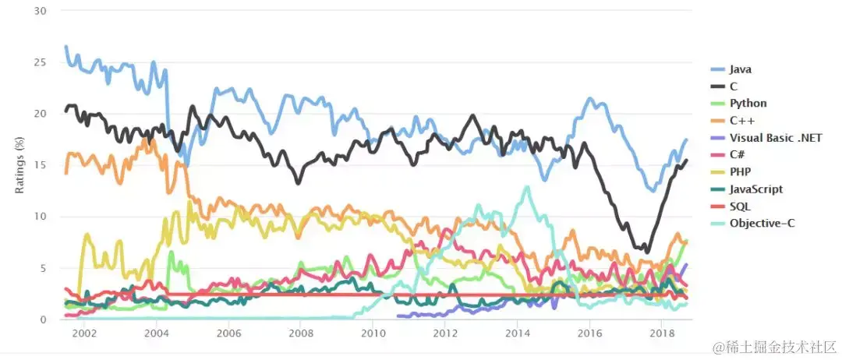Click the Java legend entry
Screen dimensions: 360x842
click(x=741, y=69)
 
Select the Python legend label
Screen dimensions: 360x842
click(x=748, y=103)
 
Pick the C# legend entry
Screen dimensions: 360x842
click(x=739, y=154)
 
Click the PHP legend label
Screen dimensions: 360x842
click(x=741, y=171)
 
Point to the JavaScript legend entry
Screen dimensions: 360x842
click(x=756, y=189)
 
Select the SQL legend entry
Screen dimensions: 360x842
click(x=740, y=206)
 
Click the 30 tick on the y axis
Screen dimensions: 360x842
click(x=41, y=11)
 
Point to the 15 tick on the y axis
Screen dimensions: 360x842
click(x=41, y=165)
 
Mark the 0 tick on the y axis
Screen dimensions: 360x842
click(x=44, y=319)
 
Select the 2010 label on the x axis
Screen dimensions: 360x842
click(x=373, y=333)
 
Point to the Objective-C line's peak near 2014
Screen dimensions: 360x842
click(x=528, y=188)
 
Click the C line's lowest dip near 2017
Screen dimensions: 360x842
click(x=646, y=252)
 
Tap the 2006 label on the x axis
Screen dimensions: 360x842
click(x=228, y=333)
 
